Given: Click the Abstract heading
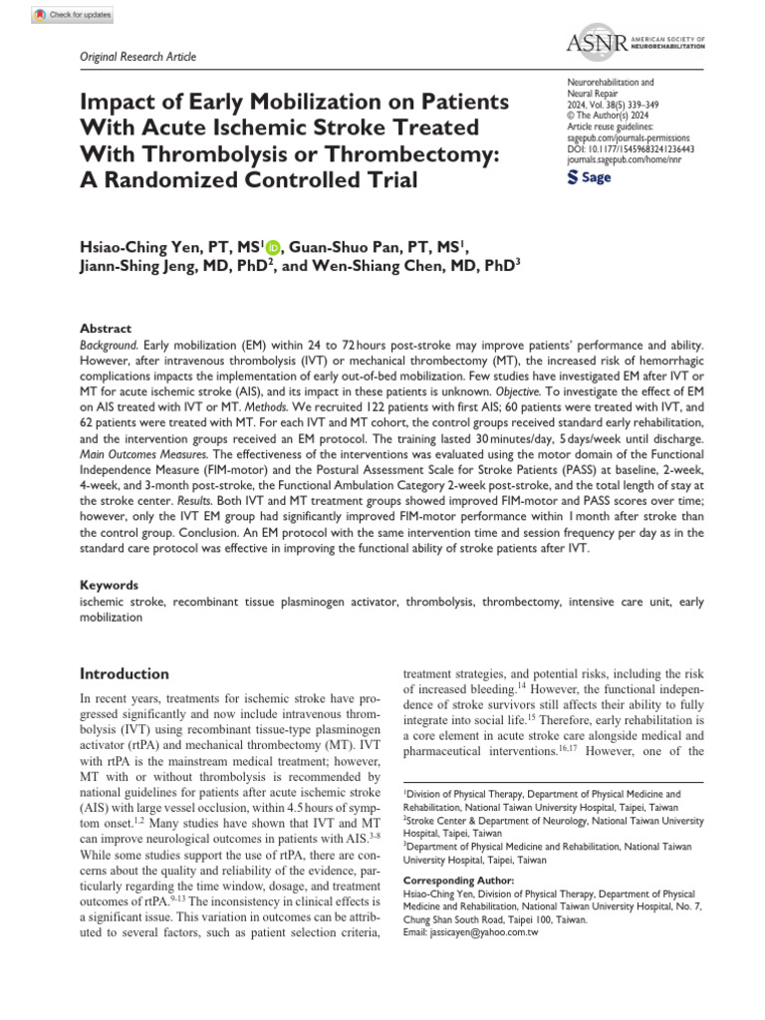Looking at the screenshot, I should click(x=105, y=328).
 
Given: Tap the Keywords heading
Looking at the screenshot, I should click(x=109, y=586).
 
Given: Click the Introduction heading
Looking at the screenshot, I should click(x=125, y=673).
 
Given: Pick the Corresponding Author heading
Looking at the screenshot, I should click(x=458, y=881).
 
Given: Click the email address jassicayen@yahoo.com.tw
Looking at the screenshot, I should click(x=470, y=932).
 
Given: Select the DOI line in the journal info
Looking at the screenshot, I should click(x=629, y=147).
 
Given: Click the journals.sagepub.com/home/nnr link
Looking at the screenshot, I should click(x=623, y=158).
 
